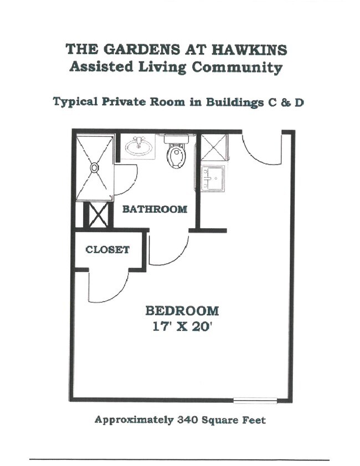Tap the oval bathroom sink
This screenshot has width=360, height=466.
point(138,147)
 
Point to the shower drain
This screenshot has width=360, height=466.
point(95,166)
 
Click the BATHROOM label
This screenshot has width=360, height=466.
point(155,209)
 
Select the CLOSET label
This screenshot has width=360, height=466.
point(107,250)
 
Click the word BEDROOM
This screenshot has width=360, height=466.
point(182,311)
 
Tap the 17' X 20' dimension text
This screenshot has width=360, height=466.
point(182,327)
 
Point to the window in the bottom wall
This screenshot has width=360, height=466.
point(255,400)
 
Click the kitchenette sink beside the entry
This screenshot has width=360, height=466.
point(212,178)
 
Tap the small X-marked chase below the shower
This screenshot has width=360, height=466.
point(99,215)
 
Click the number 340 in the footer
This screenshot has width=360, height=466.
point(188,420)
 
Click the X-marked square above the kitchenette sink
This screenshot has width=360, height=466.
point(212,147)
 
